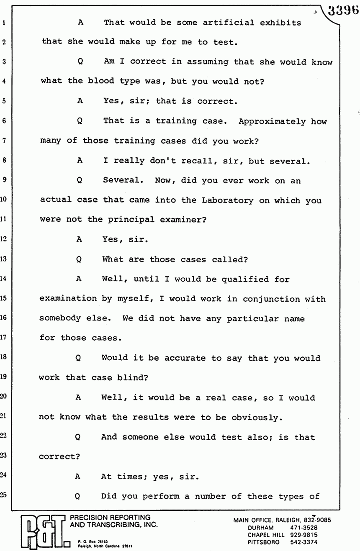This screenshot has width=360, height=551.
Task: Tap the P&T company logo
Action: [38, 530]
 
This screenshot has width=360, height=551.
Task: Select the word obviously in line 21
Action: [256, 418]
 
